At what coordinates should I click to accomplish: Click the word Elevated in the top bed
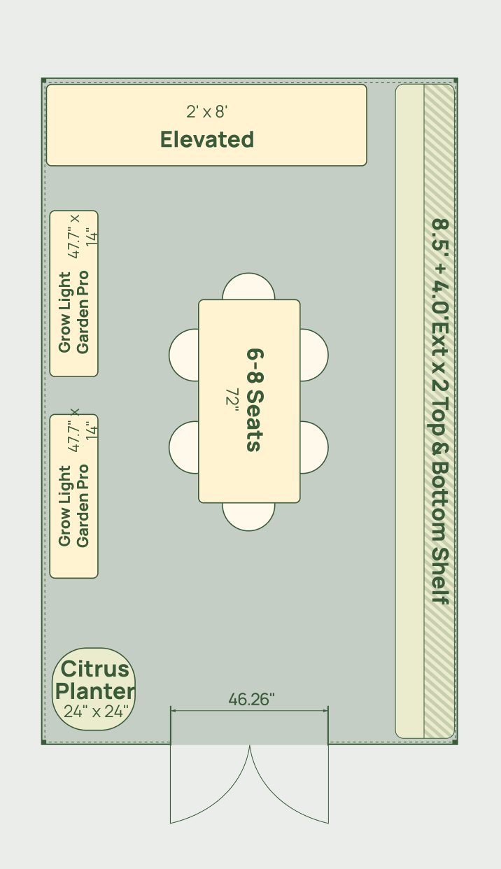point(207,140)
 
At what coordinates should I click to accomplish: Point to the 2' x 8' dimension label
point(207,112)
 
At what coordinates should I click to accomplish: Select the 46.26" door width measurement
point(251,700)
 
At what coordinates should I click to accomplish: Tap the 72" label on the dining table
point(232,397)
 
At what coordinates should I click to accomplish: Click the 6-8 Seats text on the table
point(255,400)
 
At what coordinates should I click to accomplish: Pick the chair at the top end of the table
point(249,286)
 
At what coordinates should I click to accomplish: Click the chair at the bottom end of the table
point(249,516)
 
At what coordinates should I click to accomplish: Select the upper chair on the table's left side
point(184,355)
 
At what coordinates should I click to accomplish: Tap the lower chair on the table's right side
point(314,447)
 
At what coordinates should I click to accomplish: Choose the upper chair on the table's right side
point(314,355)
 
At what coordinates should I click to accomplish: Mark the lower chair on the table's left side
point(184,447)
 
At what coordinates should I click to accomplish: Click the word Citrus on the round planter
point(94,669)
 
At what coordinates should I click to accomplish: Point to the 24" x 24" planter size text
point(96,711)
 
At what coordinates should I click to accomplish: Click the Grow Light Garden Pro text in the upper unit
point(73,312)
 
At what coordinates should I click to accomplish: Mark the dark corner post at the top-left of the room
point(44,80)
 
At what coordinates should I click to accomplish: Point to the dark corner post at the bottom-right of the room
point(456,742)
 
